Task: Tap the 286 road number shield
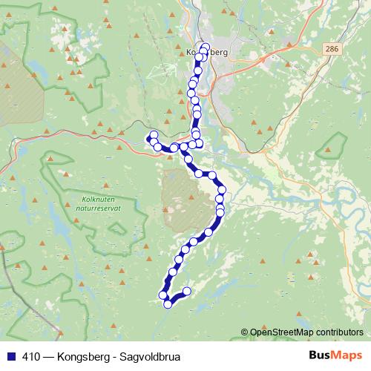(x=332, y=47)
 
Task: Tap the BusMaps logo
(x=335, y=355)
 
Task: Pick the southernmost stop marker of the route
(x=168, y=303)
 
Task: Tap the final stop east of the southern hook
(x=187, y=291)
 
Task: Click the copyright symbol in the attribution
(x=245, y=332)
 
